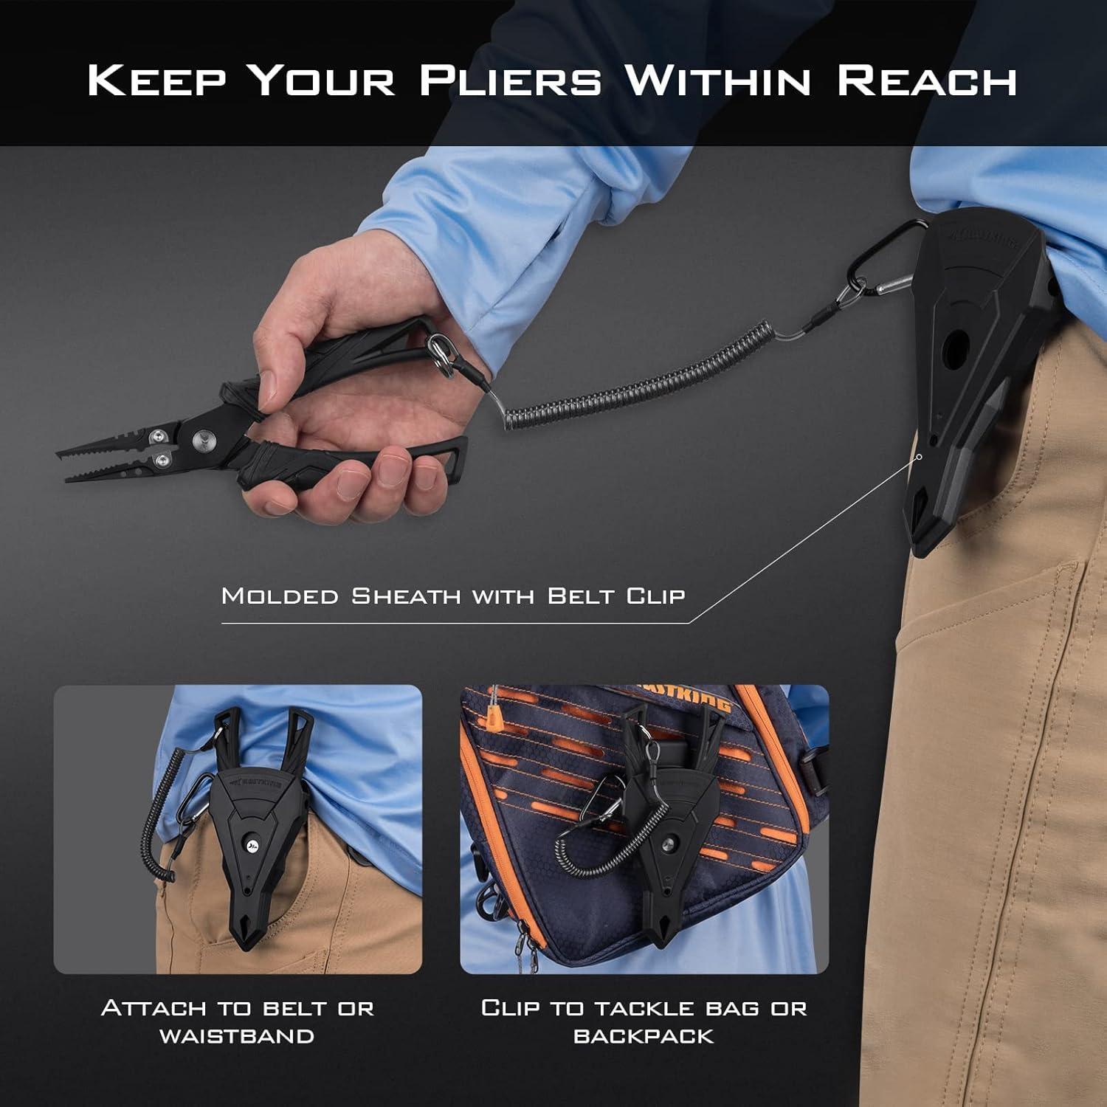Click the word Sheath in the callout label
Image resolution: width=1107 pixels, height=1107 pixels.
(406, 596)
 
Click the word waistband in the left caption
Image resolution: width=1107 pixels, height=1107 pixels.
(237, 1035)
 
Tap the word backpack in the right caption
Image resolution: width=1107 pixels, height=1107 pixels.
(644, 1035)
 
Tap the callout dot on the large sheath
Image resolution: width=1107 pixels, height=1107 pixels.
(920, 457)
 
